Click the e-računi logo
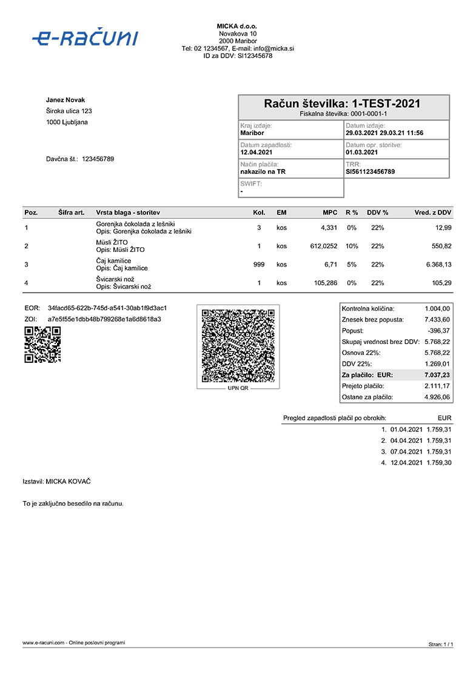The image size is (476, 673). click(x=85, y=38)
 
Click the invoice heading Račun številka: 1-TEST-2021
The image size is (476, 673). click(x=343, y=104)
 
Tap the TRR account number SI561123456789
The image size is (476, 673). click(x=370, y=172)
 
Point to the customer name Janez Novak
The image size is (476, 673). click(x=65, y=100)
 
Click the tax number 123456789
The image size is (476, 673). click(x=98, y=159)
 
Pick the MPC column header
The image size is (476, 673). click(x=330, y=213)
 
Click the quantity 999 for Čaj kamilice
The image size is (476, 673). click(x=259, y=265)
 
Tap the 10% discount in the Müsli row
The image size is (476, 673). click(x=351, y=247)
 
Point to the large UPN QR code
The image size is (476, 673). click(x=238, y=345)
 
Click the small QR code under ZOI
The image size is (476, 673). click(x=42, y=344)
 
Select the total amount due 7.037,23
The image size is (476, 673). click(x=437, y=376)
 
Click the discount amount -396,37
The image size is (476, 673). click(x=437, y=331)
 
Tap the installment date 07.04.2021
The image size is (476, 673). click(x=406, y=452)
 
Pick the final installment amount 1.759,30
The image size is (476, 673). click(x=439, y=463)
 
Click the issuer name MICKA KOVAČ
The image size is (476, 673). click(x=69, y=482)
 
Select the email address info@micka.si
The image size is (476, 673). click(x=272, y=48)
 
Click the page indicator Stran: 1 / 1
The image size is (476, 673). click(x=441, y=645)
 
